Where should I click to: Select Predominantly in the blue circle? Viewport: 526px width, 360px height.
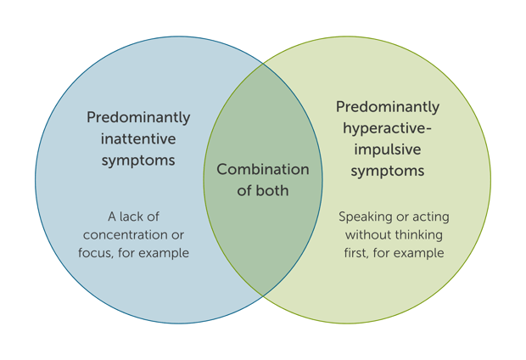(x=138, y=117)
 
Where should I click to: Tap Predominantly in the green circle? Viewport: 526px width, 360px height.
(x=388, y=108)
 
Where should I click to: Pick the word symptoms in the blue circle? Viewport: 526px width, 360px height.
(x=138, y=160)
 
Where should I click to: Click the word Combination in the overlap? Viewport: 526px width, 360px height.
(x=263, y=170)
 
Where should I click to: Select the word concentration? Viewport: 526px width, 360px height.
(x=128, y=234)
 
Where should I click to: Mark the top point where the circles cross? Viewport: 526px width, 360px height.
(x=263, y=62)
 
